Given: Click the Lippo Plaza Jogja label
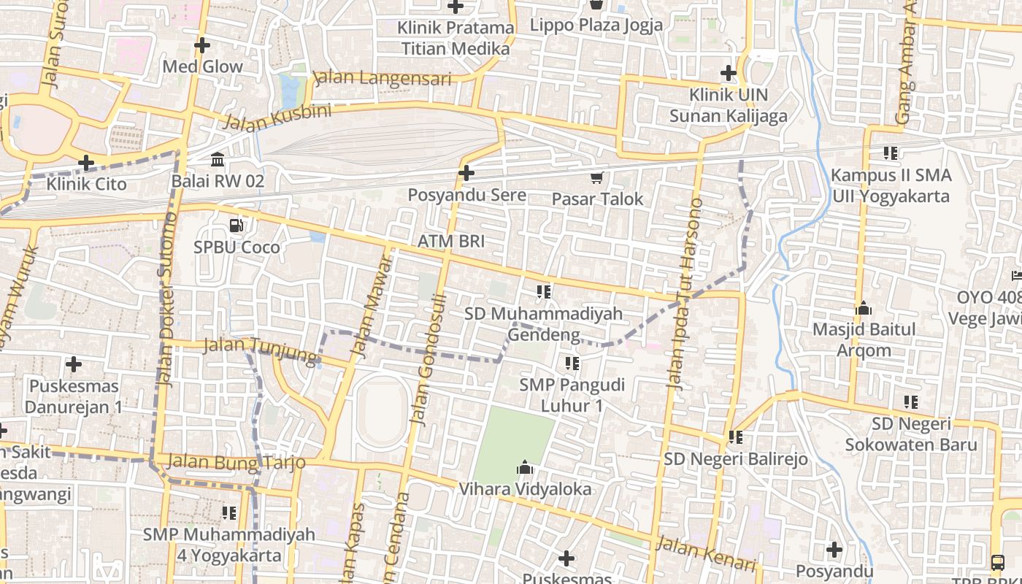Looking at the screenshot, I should click(x=596, y=25).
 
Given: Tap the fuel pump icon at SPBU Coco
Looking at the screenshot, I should click(x=237, y=226).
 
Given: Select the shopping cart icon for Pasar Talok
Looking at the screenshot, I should click(x=597, y=177).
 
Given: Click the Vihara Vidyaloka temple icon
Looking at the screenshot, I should click(x=524, y=467).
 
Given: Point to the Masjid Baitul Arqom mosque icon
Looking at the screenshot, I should click(x=864, y=308).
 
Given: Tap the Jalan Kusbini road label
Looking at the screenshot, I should click(x=277, y=118).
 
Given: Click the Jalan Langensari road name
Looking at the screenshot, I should click(x=382, y=78).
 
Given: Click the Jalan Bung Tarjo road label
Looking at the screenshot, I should click(x=235, y=462).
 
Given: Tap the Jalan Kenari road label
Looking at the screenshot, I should click(x=706, y=554).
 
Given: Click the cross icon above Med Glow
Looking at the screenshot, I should click(x=202, y=45).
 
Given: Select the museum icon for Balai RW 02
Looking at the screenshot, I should click(x=218, y=159).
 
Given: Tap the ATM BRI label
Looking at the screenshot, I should click(x=450, y=242).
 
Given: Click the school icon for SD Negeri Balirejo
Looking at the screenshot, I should click(x=735, y=437).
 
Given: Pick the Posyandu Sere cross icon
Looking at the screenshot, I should click(x=466, y=173).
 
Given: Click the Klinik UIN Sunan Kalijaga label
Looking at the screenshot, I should click(x=729, y=105).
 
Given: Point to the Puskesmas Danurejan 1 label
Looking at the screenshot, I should click(x=74, y=396).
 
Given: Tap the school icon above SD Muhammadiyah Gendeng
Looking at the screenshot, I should click(x=544, y=292).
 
